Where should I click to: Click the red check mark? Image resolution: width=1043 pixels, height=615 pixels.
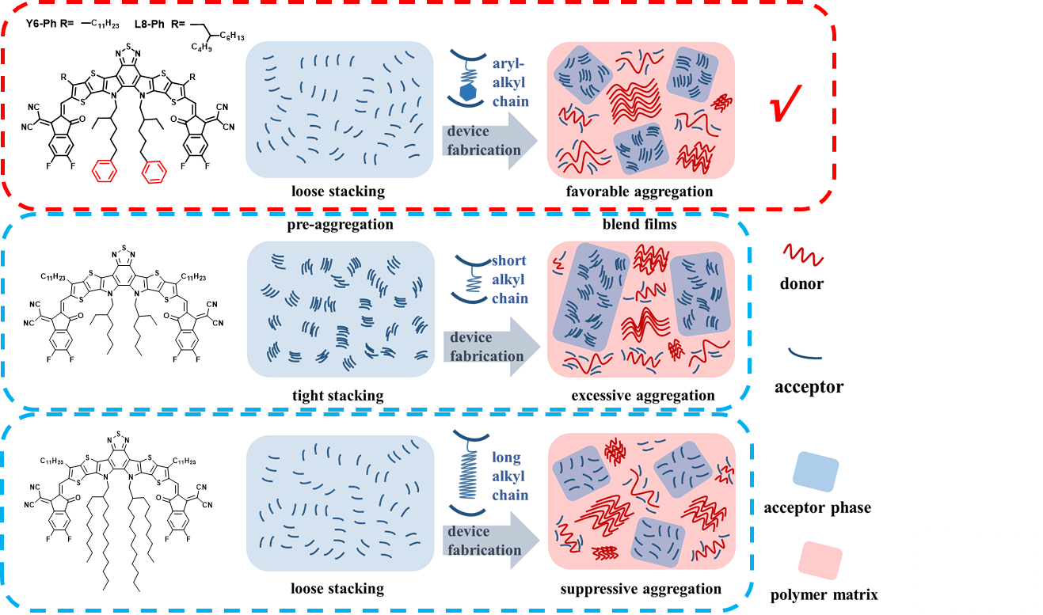point(786,103)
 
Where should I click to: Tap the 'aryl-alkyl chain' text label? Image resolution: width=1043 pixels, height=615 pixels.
point(510,82)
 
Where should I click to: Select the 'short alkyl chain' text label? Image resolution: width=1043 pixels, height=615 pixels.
point(509,279)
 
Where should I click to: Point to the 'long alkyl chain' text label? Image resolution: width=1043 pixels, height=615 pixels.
point(509,476)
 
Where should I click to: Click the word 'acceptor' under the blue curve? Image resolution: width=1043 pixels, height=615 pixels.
point(809,388)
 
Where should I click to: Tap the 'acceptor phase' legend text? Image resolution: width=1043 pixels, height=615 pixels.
point(817,507)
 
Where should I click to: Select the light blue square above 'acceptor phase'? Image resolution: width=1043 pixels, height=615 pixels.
point(816,472)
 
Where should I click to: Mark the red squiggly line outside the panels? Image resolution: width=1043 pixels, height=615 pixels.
point(803,254)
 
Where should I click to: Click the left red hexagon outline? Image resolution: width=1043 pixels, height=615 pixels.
point(105,170)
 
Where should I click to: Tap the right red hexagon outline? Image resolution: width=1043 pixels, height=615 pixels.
point(154,172)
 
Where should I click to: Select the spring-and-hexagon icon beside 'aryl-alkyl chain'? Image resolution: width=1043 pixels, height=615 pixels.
point(467,78)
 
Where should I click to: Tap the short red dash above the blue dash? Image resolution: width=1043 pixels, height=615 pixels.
point(109,209)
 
